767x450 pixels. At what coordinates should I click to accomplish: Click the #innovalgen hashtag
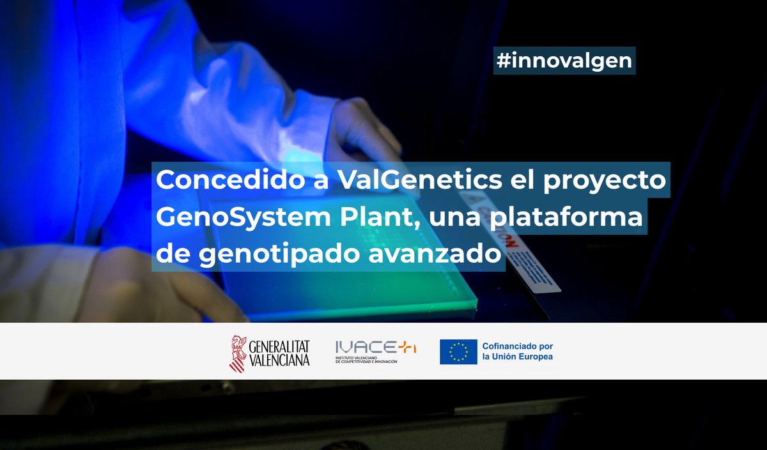[564, 61]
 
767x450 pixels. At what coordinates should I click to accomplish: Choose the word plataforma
[576, 217]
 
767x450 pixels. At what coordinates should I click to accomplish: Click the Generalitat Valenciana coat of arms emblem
[237, 352]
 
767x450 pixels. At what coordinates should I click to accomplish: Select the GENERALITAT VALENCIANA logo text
[279, 352]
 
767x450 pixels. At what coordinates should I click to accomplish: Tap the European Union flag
[458, 352]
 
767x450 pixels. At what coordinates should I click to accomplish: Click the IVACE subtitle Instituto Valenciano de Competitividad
[366, 361]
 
